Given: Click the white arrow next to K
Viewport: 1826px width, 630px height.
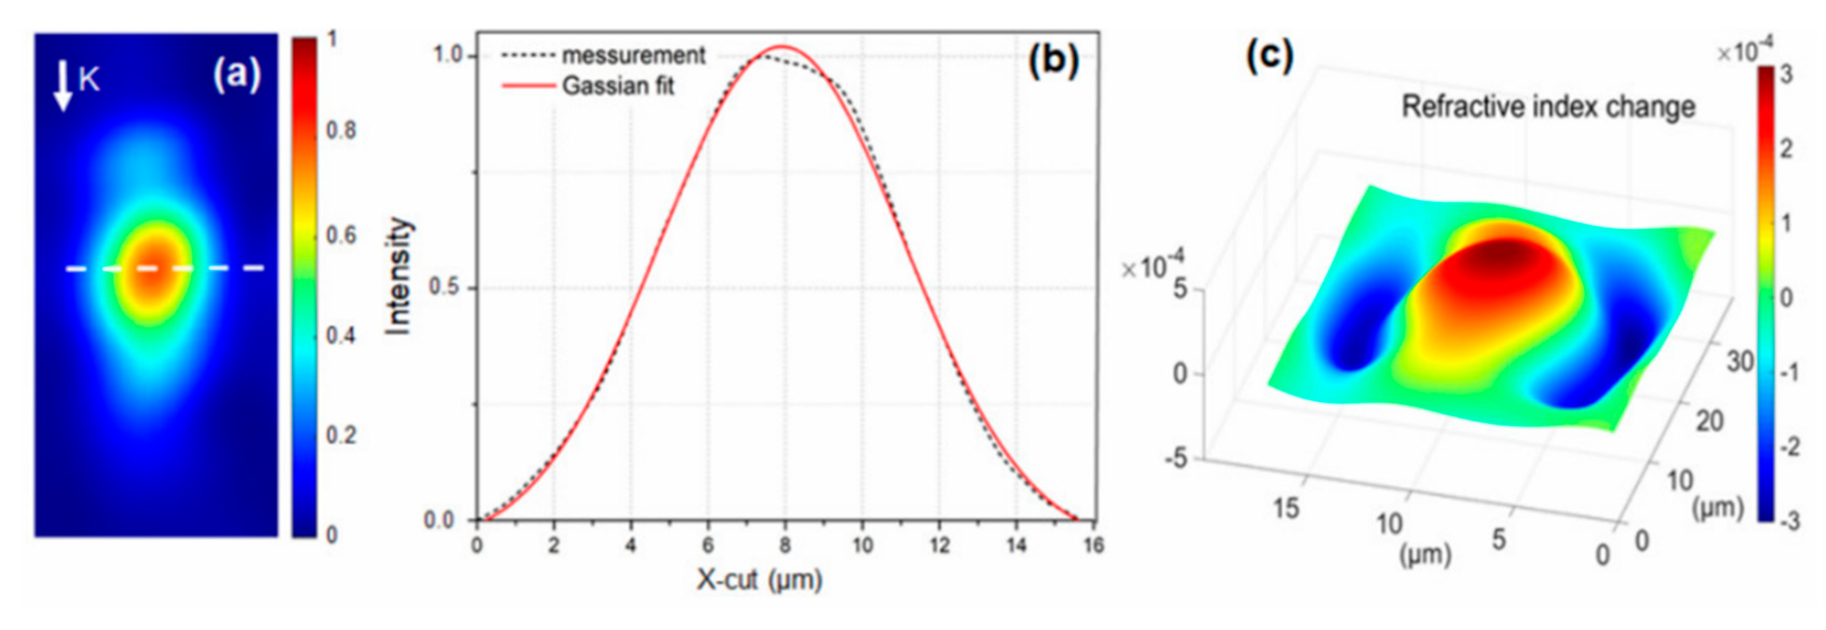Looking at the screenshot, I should (x=64, y=85).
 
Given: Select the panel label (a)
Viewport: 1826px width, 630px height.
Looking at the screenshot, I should (x=237, y=75).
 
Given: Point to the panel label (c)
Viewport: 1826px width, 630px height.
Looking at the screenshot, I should (x=1269, y=55).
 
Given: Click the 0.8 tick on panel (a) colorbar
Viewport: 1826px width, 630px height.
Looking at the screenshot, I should (x=340, y=131).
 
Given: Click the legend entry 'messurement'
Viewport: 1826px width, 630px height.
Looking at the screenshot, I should (x=633, y=55).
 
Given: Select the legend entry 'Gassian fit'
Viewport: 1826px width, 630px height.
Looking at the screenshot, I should (x=618, y=87).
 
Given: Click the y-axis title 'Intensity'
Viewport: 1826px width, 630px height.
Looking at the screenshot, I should (x=398, y=276).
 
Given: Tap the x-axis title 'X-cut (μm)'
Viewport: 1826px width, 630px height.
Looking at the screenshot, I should (x=759, y=580).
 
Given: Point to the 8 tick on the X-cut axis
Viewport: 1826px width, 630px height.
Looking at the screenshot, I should (x=784, y=545).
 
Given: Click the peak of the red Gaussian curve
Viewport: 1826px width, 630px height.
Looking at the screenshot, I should (x=782, y=47).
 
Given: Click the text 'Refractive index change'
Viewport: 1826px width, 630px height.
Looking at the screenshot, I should (x=1548, y=107).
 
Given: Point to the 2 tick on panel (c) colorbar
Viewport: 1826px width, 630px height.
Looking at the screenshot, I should (x=1786, y=149).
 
